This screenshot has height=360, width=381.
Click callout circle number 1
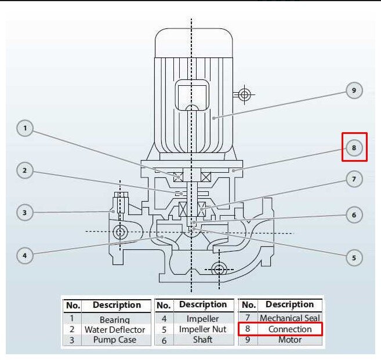click(x=25, y=128)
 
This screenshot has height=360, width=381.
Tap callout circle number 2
click(x=25, y=170)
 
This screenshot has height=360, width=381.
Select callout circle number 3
click(x=25, y=213)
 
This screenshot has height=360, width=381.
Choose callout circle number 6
click(x=354, y=215)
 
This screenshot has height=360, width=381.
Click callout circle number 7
click(x=354, y=179)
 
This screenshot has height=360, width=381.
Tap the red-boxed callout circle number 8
click(x=354, y=147)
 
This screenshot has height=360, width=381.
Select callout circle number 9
click(x=354, y=90)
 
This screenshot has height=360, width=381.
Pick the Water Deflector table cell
click(x=114, y=329)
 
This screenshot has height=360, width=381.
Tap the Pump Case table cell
click(x=114, y=340)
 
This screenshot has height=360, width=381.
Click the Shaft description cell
click(x=202, y=340)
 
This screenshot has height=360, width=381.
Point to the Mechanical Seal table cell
click(x=289, y=318)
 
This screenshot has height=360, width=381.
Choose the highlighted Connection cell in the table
click(x=289, y=329)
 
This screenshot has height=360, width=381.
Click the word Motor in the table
click(x=289, y=340)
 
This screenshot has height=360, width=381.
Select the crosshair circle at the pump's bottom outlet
click(x=219, y=269)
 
